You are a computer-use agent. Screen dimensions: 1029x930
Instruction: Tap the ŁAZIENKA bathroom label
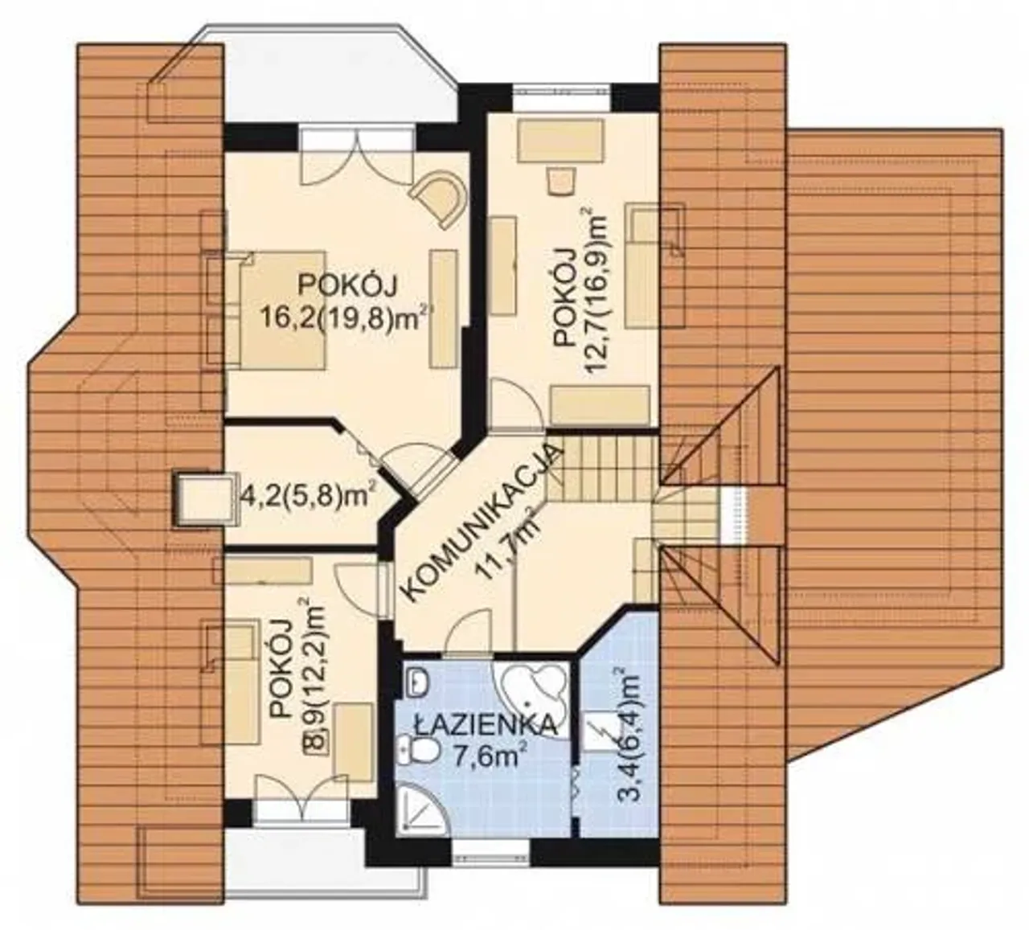pyautogui.click(x=485, y=726)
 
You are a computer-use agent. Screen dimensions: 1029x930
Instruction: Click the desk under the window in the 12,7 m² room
pyautogui.click(x=563, y=141)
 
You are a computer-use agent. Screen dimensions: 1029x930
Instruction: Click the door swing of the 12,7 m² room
pyautogui.click(x=515, y=404)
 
